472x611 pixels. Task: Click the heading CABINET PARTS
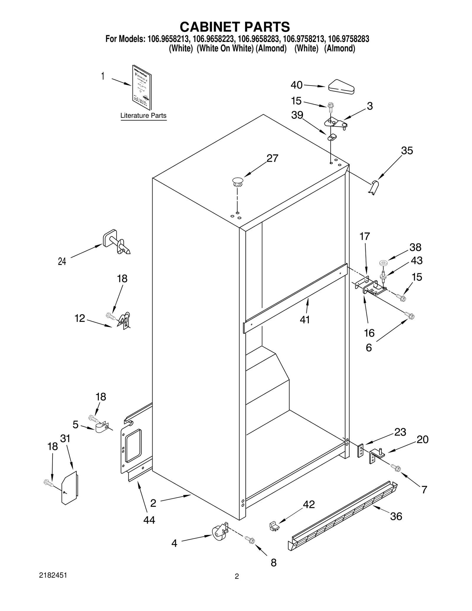pos(235,27)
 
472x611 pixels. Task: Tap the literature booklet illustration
pos(142,87)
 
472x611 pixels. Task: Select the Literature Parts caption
pos(143,116)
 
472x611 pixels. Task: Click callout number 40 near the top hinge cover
pos(296,85)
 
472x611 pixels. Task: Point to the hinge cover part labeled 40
pos(341,87)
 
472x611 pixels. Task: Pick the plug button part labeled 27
pos(238,182)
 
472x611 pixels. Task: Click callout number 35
pos(407,151)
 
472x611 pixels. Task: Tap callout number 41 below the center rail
pos(305,319)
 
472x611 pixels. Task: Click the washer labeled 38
pos(383,262)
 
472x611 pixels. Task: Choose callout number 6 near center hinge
pos(369,348)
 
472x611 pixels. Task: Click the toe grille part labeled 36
pos(342,519)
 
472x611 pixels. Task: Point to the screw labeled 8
pos(250,540)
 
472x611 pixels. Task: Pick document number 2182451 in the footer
pos(53,575)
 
